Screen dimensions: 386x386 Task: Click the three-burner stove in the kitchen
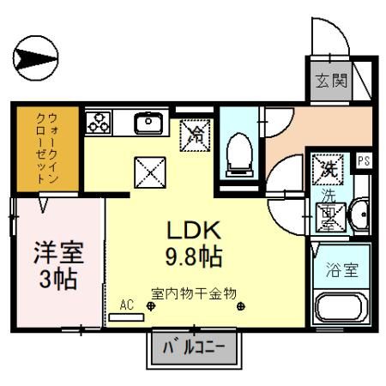(99, 122)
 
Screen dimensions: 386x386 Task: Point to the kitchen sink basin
(151, 124)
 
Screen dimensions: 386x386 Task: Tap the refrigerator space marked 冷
(196, 133)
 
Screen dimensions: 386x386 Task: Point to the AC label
(127, 304)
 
